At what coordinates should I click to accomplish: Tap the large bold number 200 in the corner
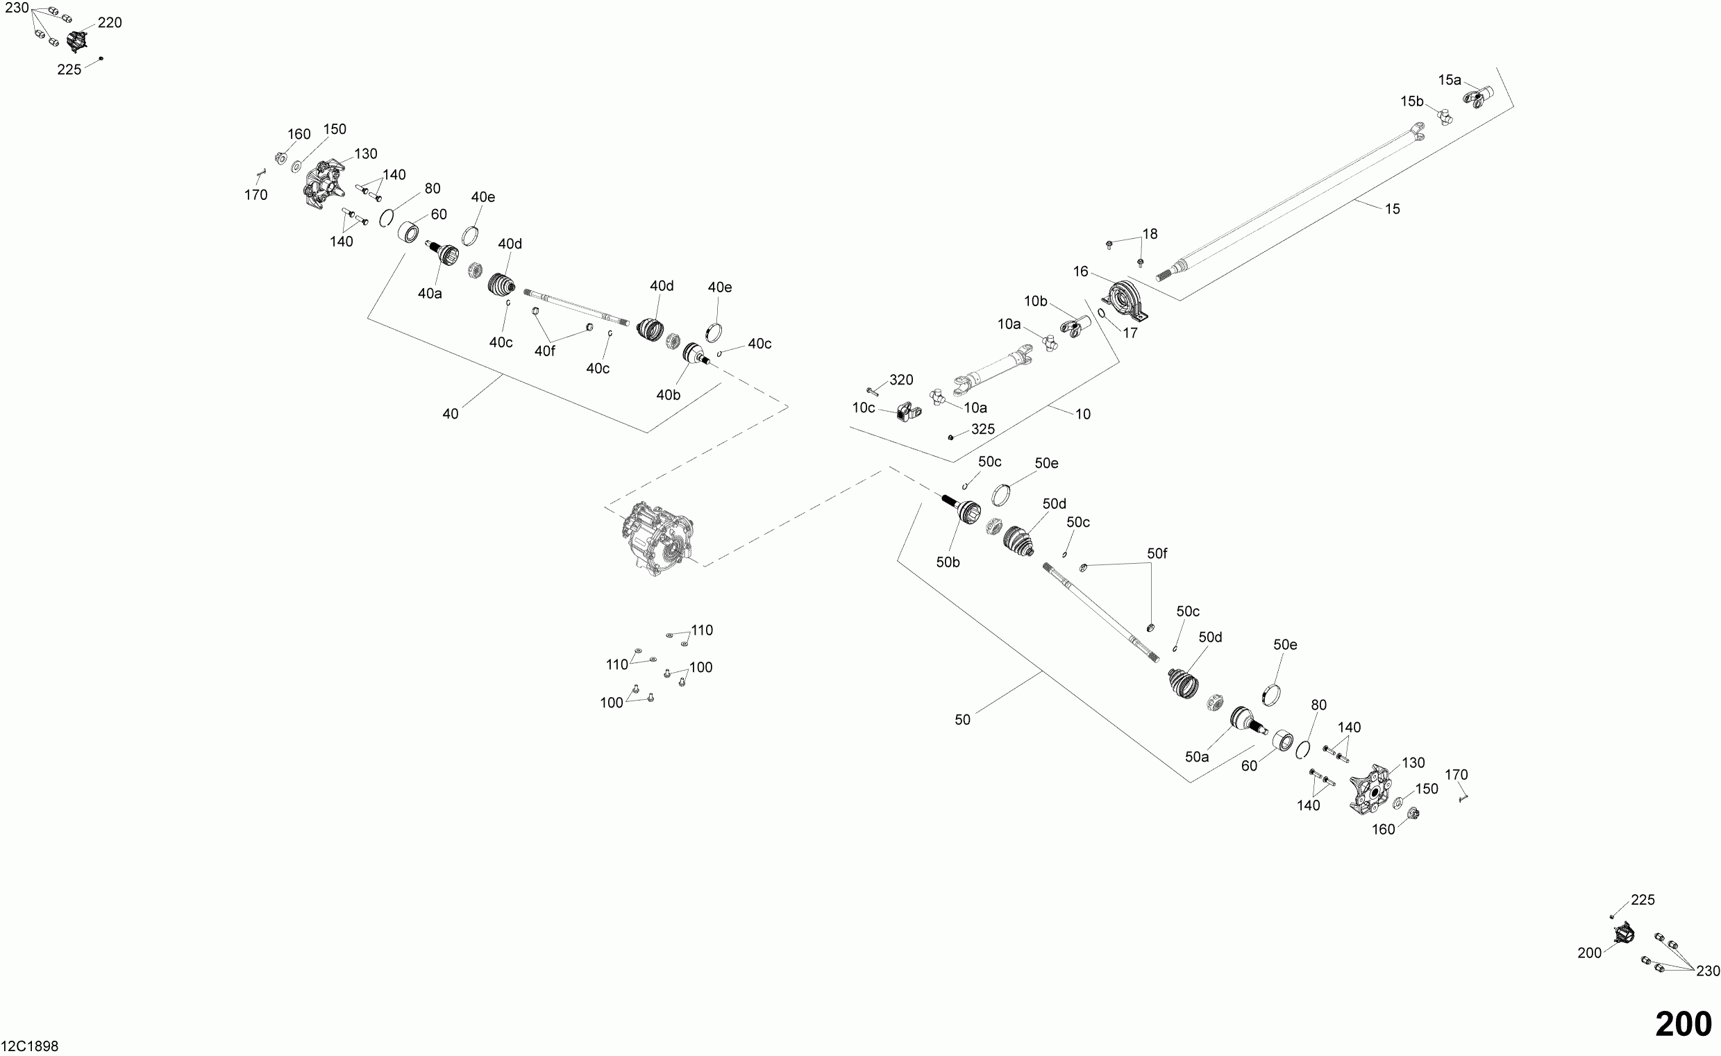[x=1684, y=1025]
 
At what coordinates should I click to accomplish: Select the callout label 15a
[x=1450, y=81]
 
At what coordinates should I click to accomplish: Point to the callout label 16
[x=1080, y=271]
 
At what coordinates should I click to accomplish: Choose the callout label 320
[x=901, y=380]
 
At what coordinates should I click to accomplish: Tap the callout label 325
[x=983, y=430]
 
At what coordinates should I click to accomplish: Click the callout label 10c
[x=864, y=408]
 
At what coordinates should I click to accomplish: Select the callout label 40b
[x=668, y=395]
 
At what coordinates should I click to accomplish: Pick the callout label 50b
[x=948, y=562]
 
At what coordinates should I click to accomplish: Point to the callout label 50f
[x=1157, y=554]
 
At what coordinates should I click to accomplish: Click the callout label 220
[x=110, y=23]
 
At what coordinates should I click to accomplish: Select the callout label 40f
[x=545, y=351]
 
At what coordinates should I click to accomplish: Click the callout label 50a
[x=1196, y=757]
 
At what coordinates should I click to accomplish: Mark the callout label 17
[x=1130, y=334]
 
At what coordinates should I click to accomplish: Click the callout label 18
[x=1150, y=234]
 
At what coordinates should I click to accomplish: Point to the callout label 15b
[x=1411, y=102]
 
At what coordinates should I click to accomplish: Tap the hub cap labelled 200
[x=1625, y=933]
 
